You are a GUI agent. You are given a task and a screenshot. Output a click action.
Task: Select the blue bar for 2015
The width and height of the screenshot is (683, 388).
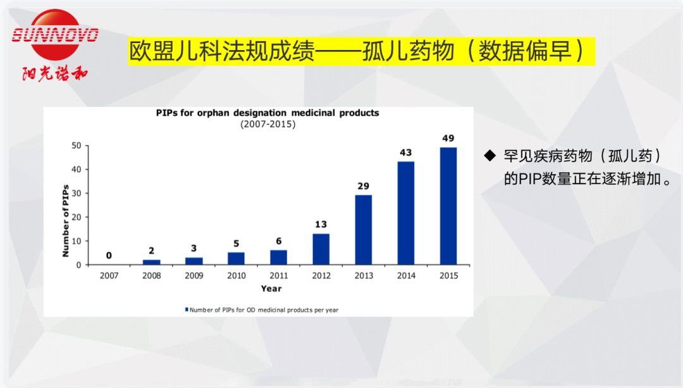coord(448,206)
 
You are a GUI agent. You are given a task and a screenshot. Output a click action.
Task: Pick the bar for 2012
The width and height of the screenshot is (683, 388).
coord(321,249)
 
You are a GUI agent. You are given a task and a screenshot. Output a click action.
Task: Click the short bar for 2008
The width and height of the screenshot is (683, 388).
coord(152,261)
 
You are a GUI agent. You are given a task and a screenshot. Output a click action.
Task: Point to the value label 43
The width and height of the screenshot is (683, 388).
coord(406,153)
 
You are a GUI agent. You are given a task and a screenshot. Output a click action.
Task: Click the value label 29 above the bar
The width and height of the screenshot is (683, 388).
coord(363,186)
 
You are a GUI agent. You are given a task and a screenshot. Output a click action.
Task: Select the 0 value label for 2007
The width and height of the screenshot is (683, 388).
coord(109,256)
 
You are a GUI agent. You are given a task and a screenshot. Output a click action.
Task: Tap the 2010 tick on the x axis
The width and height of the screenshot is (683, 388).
coord(236,276)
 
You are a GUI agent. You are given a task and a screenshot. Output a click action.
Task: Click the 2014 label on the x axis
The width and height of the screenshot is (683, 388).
coord(406,276)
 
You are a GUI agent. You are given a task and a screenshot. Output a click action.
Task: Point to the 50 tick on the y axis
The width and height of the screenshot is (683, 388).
coord(76,146)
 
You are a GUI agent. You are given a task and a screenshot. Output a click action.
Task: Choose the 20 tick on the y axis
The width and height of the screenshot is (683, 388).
coord(76,217)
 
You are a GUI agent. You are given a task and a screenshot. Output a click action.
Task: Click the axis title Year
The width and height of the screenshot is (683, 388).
coord(271,289)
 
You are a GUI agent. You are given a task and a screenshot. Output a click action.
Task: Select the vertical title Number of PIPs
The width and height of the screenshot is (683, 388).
coord(65,221)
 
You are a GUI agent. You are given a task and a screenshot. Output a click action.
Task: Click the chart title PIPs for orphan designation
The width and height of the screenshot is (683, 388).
coord(268,113)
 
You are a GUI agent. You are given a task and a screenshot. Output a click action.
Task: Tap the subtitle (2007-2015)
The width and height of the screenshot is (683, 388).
coord(268,124)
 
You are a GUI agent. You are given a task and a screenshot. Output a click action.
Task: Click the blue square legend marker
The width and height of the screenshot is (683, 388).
coord(187,310)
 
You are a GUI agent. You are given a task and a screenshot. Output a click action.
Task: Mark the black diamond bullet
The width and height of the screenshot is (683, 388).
coord(489,155)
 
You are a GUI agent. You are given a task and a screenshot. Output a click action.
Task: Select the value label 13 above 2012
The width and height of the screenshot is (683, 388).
coord(321,225)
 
